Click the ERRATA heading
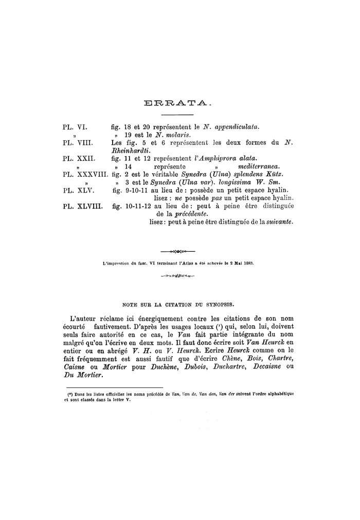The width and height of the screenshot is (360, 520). pos(179,104)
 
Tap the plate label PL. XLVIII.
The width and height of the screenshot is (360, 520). pos(82,206)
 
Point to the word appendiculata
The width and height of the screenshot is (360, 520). pos(237,126)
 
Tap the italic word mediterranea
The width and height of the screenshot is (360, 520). pos(257,166)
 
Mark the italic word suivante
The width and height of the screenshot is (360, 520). pos(279,222)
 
